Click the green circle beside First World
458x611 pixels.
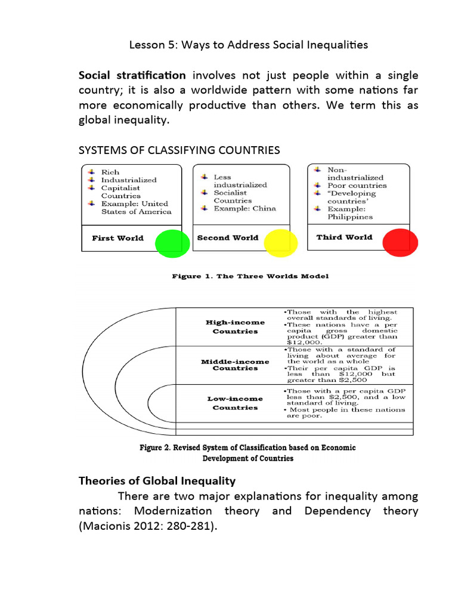[x=172, y=243]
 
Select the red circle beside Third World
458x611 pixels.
[x=400, y=242]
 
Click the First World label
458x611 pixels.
[x=117, y=238]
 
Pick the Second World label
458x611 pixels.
[x=228, y=237]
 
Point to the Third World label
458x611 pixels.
[x=344, y=237]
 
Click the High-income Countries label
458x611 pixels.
[x=235, y=326]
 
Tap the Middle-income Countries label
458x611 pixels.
[x=235, y=365]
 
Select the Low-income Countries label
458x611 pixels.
[x=235, y=403]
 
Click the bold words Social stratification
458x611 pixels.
[x=132, y=75]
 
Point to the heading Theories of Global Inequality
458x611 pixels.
[x=157, y=480]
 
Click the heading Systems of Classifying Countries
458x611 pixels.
[x=180, y=150]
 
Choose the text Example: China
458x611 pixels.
[x=245, y=208]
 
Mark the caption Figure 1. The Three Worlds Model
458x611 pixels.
[x=250, y=276]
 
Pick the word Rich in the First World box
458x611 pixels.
[x=110, y=172]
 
